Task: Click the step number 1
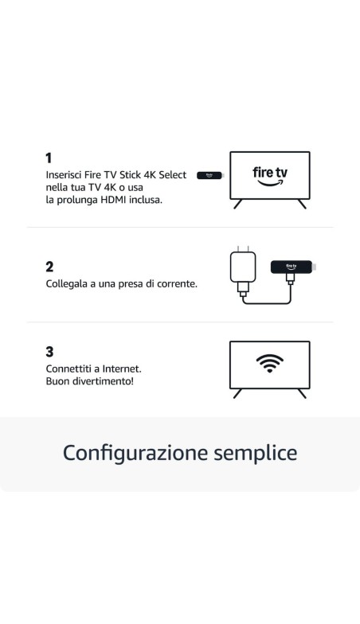click(x=49, y=158)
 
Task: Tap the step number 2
click(x=49, y=267)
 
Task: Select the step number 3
click(x=49, y=352)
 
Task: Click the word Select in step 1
click(x=173, y=174)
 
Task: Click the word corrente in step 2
click(x=175, y=283)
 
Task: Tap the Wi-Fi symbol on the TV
click(x=269, y=363)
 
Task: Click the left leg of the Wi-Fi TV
click(x=237, y=393)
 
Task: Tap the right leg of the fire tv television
click(x=302, y=204)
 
